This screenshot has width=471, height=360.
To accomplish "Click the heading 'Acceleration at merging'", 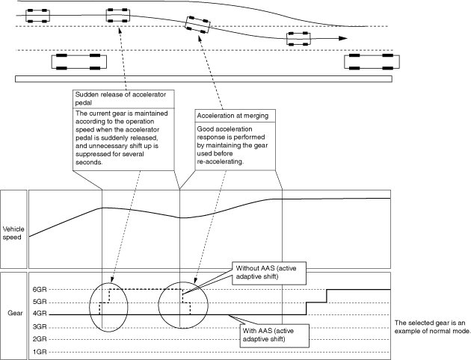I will [x=232, y=116].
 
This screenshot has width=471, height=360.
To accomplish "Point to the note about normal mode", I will [x=431, y=326].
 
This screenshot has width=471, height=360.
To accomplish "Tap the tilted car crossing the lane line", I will [x=196, y=24].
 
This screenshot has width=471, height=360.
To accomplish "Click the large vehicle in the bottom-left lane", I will [x=75, y=62].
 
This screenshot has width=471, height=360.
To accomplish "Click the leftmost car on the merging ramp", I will [x=37, y=14].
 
